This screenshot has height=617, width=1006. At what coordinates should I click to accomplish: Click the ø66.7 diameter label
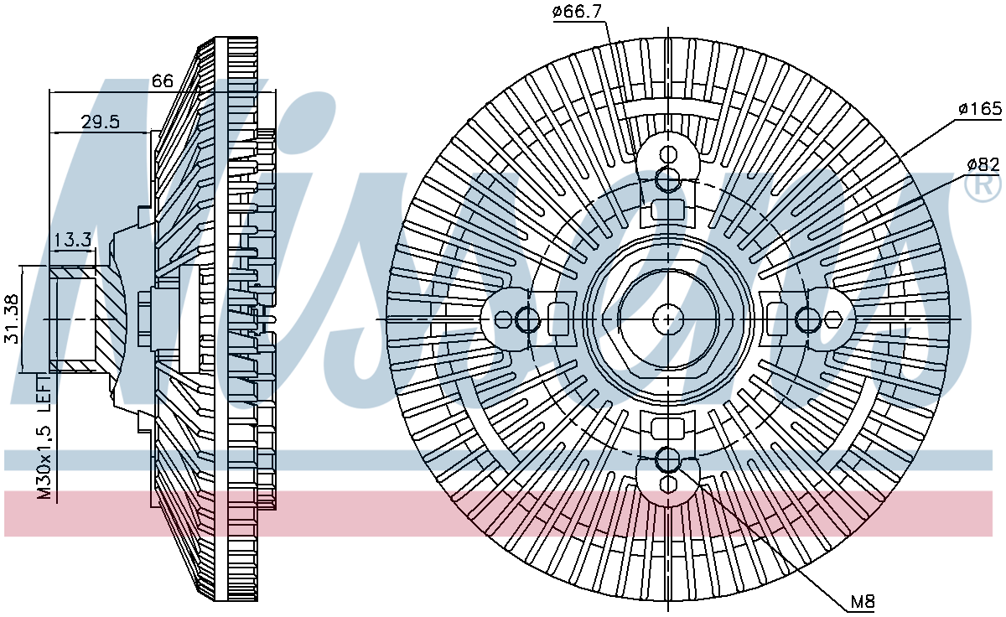click(577, 12)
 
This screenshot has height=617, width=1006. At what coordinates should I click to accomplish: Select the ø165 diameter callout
click(980, 109)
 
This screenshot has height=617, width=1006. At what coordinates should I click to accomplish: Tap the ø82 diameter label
click(983, 165)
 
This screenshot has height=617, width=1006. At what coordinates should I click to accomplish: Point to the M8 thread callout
click(863, 602)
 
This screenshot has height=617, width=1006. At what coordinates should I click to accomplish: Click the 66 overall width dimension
click(162, 80)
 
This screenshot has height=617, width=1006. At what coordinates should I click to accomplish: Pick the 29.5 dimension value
click(100, 122)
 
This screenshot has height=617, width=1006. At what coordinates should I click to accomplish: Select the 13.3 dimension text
click(73, 241)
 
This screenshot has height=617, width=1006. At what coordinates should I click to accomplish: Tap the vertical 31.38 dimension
click(12, 319)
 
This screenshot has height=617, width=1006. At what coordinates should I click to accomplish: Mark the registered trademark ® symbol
click(983, 186)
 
